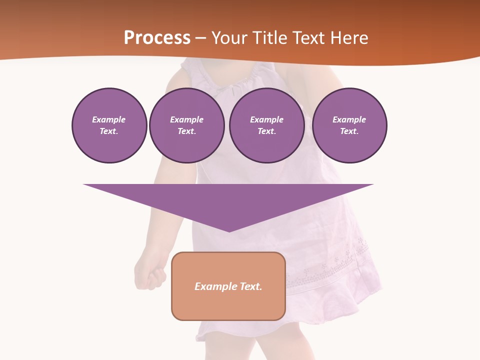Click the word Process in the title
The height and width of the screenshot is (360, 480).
(x=157, y=38)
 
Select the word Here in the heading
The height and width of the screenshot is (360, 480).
(x=349, y=38)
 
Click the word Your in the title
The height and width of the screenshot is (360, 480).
(x=227, y=38)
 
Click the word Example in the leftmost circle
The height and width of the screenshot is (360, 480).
(x=109, y=119)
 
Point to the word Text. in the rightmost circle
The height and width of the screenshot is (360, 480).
(x=349, y=131)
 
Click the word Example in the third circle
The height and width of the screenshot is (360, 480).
(x=267, y=119)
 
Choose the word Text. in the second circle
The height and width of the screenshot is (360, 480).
(x=187, y=131)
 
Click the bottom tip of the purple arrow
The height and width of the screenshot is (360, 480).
(x=229, y=230)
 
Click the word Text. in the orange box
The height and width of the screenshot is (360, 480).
(x=250, y=286)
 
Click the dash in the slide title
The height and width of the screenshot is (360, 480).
(x=201, y=38)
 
